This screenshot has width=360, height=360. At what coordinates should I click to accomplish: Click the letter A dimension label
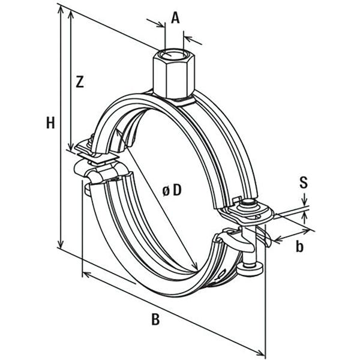[175, 17]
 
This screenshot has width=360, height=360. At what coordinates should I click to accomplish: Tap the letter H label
[51, 124]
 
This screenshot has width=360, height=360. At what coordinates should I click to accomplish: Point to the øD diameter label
[171, 191]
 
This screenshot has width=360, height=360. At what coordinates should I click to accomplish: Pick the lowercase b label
[300, 246]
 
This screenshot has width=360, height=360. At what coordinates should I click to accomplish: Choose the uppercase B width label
[155, 320]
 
